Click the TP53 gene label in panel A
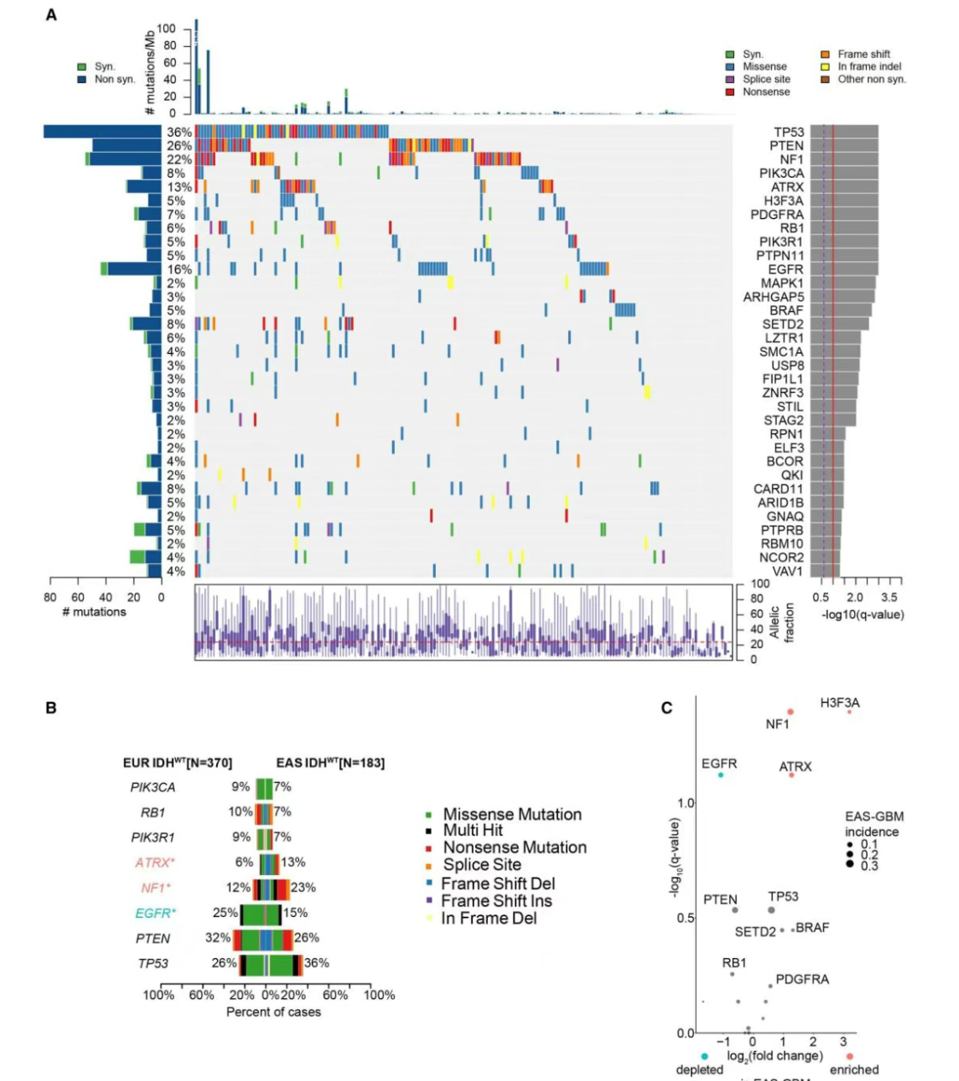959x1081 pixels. (788, 132)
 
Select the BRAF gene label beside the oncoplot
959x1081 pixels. (786, 310)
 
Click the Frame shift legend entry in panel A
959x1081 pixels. (863, 54)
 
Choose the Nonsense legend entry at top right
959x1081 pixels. (766, 91)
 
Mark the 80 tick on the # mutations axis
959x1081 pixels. (50, 597)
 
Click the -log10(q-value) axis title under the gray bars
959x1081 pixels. (862, 614)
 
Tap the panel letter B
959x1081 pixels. (51, 708)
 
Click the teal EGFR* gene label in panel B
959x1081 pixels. (155, 914)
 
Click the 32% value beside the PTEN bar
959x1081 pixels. (218, 937)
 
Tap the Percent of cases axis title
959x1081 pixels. (274, 1012)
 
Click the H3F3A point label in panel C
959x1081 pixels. (839, 703)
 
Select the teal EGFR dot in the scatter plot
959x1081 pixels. (721, 775)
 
